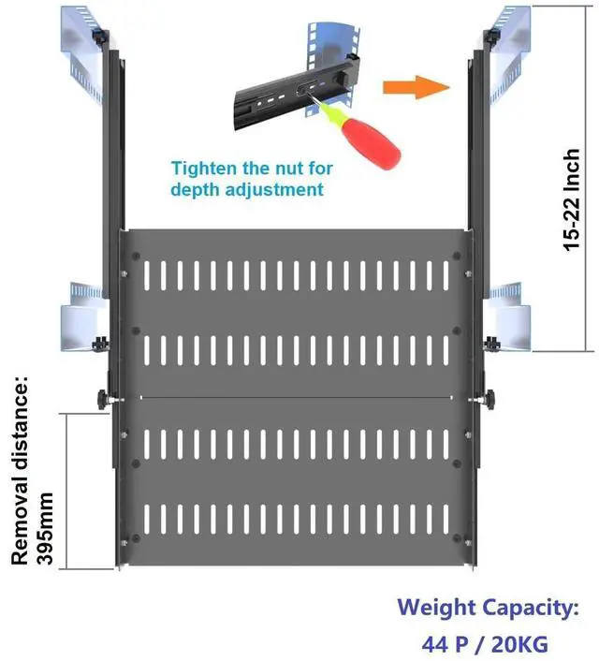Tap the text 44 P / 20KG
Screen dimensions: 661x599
click(x=485, y=643)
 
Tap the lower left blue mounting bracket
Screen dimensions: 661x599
click(x=83, y=318)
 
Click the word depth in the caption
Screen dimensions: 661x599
click(x=191, y=190)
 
